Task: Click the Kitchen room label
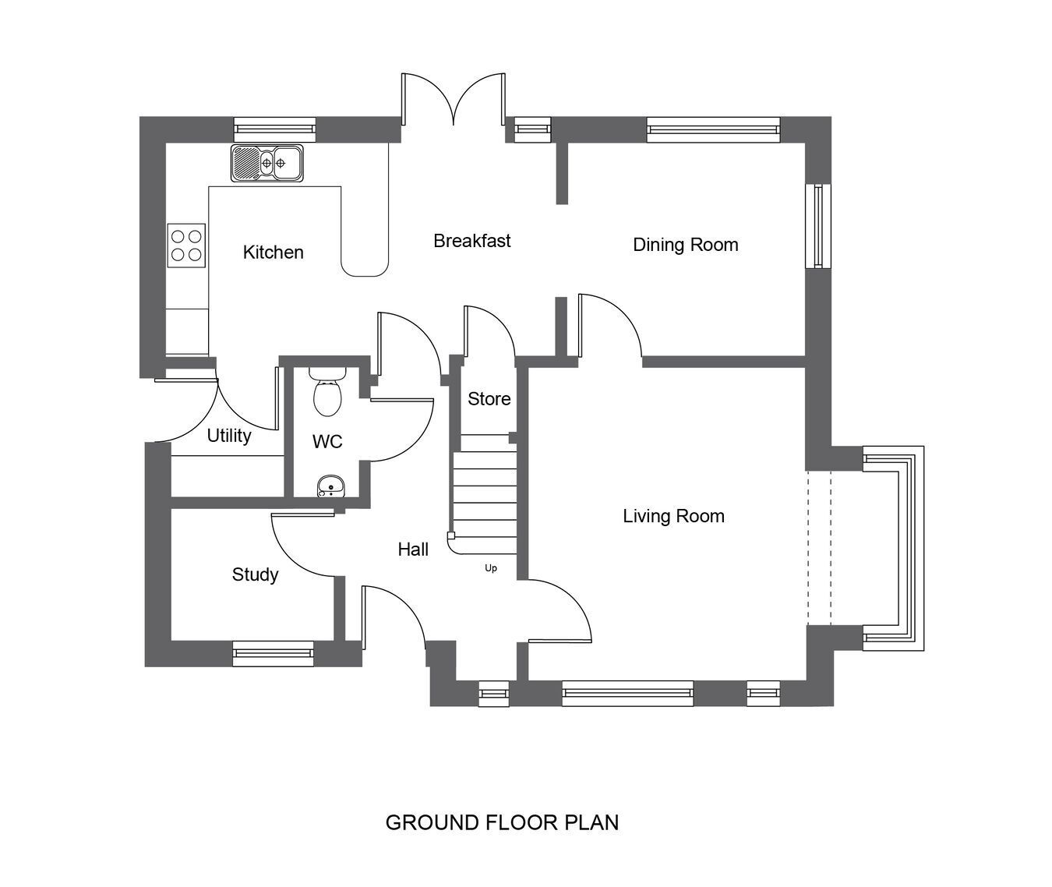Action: click(x=273, y=252)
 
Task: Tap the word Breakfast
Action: click(x=472, y=241)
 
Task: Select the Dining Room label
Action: click(x=685, y=245)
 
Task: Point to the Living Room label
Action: click(x=673, y=516)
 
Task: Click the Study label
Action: click(x=255, y=574)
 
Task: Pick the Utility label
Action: click(x=229, y=436)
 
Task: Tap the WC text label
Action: click(x=327, y=441)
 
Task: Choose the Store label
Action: click(x=489, y=399)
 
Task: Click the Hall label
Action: click(x=413, y=550)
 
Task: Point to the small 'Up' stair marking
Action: click(x=491, y=568)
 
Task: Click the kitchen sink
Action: click(x=267, y=163)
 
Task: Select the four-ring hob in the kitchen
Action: click(x=186, y=246)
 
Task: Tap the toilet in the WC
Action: click(x=327, y=392)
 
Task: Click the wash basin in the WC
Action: click(x=330, y=486)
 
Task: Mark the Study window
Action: click(x=273, y=654)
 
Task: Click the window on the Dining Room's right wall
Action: click(x=818, y=226)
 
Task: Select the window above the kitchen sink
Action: click(x=275, y=129)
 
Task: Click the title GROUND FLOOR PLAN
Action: click(x=502, y=822)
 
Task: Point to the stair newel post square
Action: click(x=451, y=535)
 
